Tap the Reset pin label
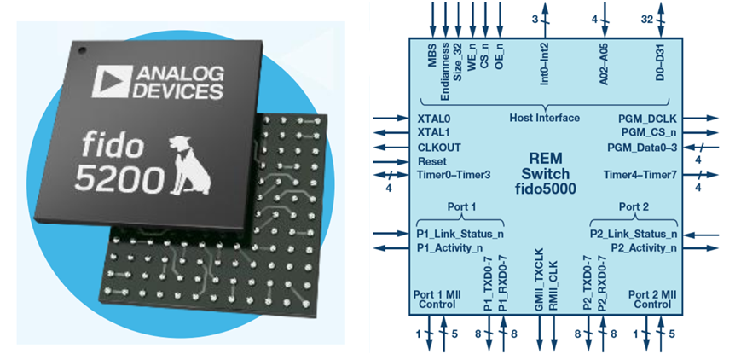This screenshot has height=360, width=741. click(431, 161)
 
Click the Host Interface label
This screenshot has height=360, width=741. click(544, 118)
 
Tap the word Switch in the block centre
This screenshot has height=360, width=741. click(545, 174)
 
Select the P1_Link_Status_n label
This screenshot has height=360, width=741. click(460, 234)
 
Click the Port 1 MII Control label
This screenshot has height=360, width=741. click(437, 299)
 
